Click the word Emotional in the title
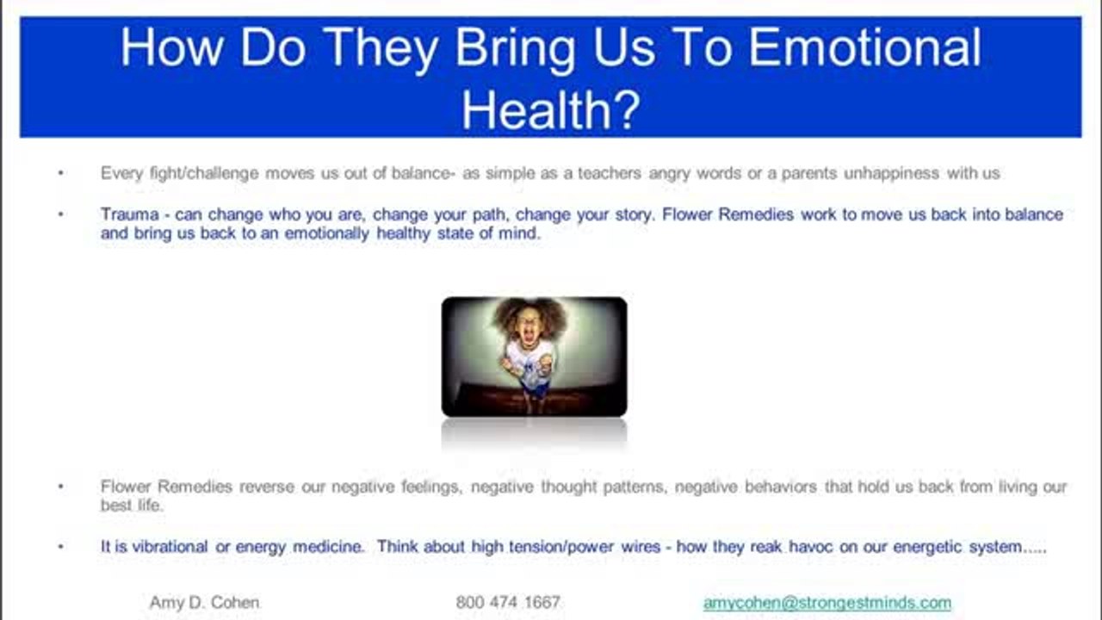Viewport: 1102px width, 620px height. coord(865,47)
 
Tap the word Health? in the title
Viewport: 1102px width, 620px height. coord(551,110)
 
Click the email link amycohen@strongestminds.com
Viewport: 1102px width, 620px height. coord(827,603)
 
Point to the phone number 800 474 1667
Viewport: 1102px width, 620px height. coord(508,602)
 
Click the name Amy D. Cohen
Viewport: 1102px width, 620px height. coord(204,602)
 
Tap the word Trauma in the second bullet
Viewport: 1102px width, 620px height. coord(130,214)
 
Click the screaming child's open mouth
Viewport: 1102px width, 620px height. coord(529,337)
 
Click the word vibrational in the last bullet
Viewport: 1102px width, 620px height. coord(170,547)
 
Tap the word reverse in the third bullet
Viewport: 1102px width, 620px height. coord(267,487)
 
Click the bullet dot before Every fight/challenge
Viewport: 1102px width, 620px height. coord(61,173)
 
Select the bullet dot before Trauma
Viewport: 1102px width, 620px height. coord(61,214)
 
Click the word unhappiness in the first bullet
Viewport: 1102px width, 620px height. coord(891,174)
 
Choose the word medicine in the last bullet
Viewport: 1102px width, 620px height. coord(328,547)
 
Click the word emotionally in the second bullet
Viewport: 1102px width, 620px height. coord(326,233)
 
